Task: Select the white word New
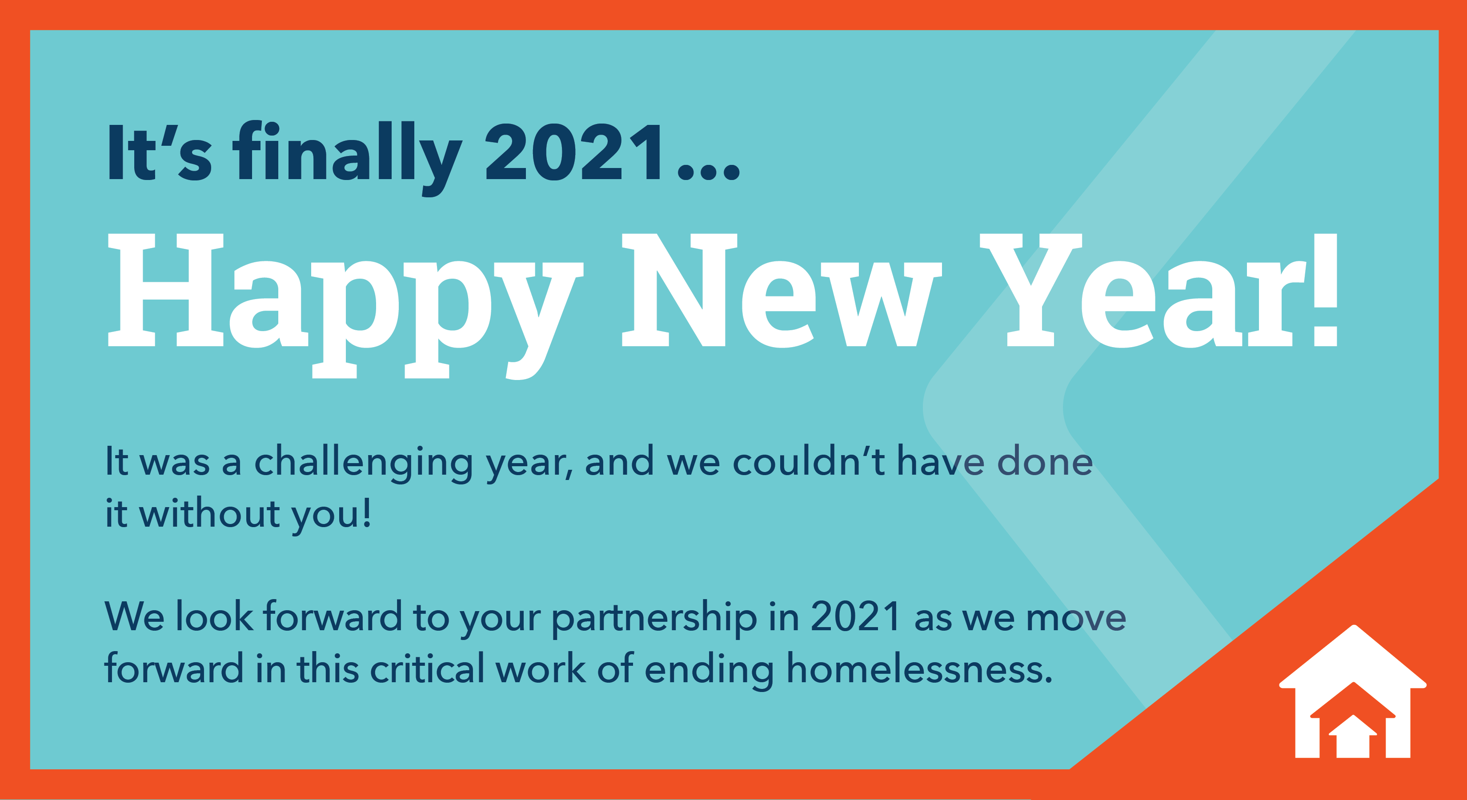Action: (x=782, y=290)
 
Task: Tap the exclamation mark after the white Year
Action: (x=1325, y=289)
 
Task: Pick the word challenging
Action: (x=363, y=464)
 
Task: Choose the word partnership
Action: (x=654, y=619)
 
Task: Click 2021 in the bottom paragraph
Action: (x=855, y=616)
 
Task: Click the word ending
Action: (x=709, y=671)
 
